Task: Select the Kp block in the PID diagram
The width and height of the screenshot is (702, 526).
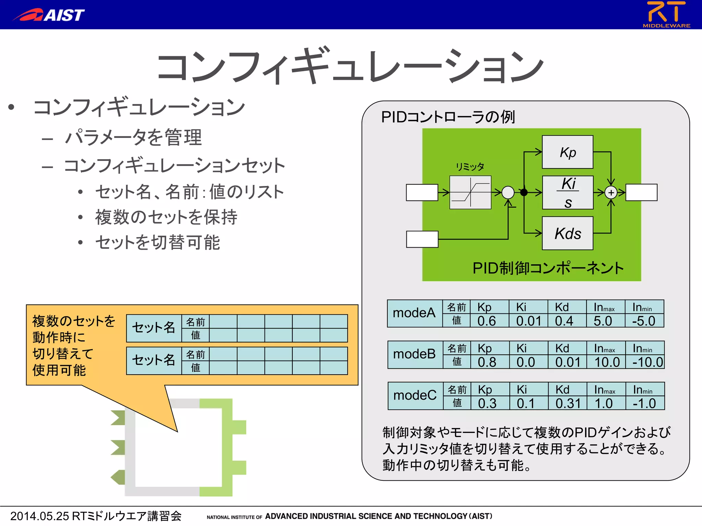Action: [x=567, y=152]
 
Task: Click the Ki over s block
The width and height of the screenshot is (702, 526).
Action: [x=567, y=192]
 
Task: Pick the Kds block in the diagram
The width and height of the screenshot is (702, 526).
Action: [x=567, y=233]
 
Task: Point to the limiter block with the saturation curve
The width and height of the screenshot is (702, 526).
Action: [x=470, y=192]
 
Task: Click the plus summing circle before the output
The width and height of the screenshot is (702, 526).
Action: [x=611, y=192]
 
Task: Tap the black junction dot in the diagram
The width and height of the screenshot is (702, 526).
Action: [x=524, y=192]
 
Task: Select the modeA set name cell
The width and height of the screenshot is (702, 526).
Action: [x=414, y=313]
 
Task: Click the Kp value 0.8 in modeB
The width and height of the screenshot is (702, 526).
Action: [x=487, y=362]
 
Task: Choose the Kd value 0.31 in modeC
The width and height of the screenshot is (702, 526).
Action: [x=568, y=403]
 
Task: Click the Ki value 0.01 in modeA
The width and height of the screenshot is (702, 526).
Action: [x=529, y=321]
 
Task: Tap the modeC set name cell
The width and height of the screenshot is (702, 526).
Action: [x=415, y=396]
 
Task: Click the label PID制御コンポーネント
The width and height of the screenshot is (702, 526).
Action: [x=548, y=268]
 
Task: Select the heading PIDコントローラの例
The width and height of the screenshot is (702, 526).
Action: [x=448, y=117]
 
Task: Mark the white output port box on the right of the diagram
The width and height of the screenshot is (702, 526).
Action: [x=641, y=192]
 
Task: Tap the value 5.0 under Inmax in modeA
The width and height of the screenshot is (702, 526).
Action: [x=603, y=321]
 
